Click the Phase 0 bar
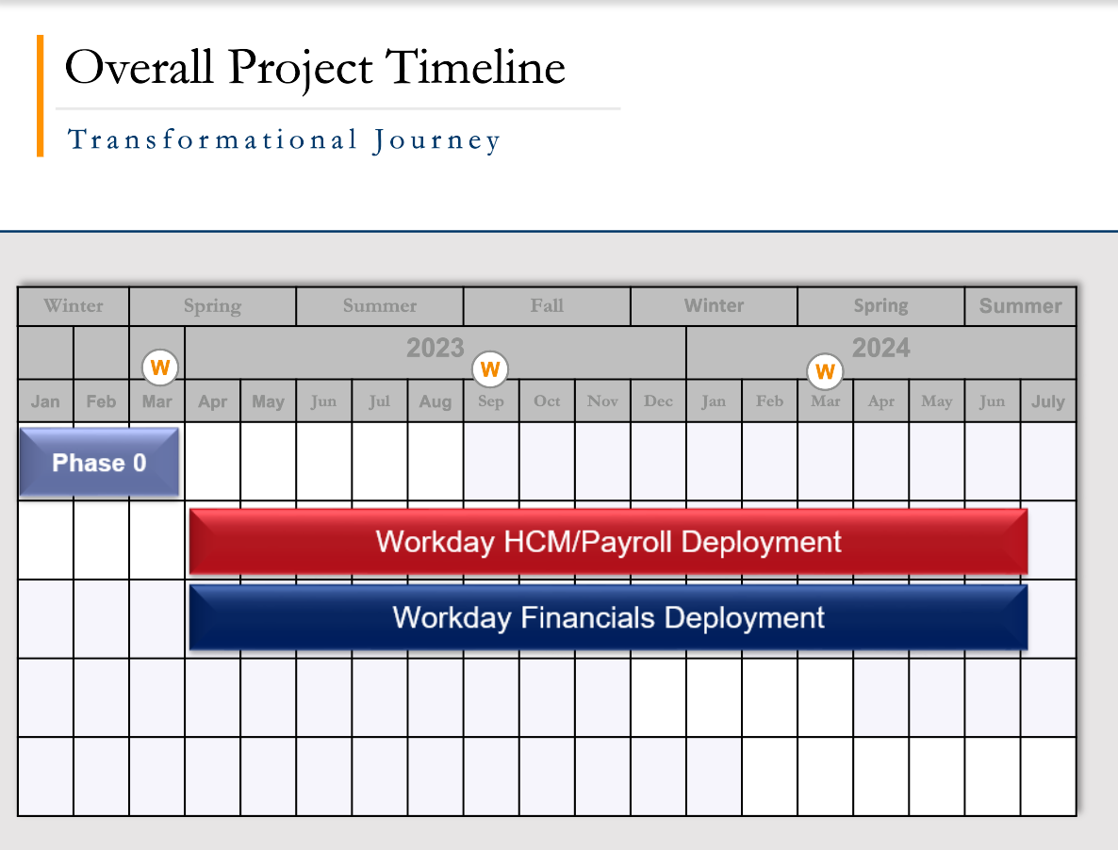coord(99,463)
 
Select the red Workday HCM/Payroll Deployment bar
coord(608,542)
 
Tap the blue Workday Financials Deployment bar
coord(608,618)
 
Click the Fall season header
coord(547,306)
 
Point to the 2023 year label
coord(435,349)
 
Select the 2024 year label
coord(881,349)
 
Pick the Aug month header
coord(435,401)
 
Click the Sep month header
coord(491,401)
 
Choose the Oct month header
coord(547,401)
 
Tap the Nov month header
coord(602,401)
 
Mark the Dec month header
coord(658,401)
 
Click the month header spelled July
coord(1047,401)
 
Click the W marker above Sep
coord(490,369)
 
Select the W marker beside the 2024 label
coord(826,371)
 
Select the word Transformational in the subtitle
coord(212,140)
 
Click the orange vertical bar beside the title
coord(41,95)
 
